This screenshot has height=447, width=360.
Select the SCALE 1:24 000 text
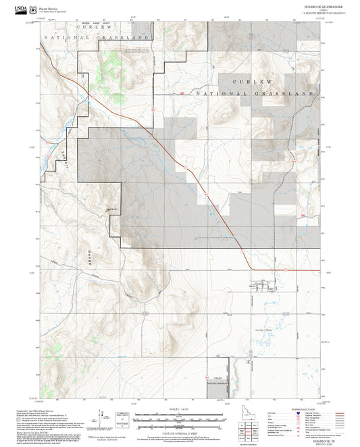(x=180, y=407)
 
